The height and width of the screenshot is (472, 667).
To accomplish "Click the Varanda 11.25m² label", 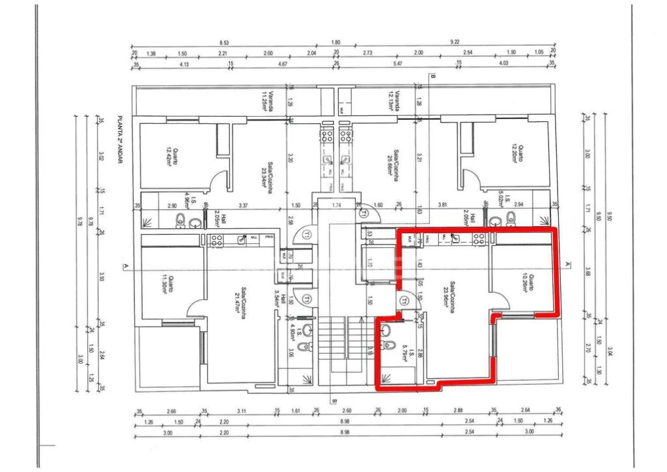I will pyautogui.click(x=266, y=102).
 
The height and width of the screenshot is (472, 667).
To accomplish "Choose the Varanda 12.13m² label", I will pyautogui.click(x=395, y=102).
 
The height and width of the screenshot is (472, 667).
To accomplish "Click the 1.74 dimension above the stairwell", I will pyautogui.click(x=337, y=206).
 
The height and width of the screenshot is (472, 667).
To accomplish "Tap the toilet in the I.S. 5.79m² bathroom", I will pyautogui.click(x=388, y=347).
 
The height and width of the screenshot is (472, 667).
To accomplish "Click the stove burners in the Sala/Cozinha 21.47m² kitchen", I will pyautogui.click(x=215, y=239).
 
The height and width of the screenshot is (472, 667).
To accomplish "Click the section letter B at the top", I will pyautogui.click(x=433, y=75).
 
